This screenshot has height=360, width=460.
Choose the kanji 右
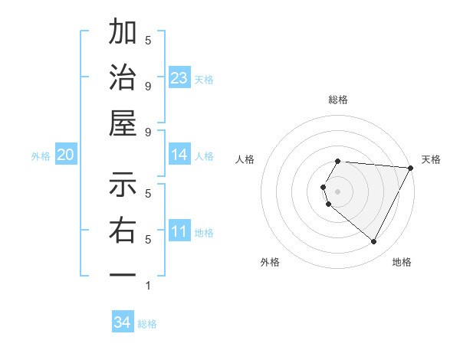pyautogui.click(x=123, y=230)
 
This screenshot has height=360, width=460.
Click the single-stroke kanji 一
pyautogui.click(x=123, y=273)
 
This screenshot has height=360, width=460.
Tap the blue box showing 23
pyautogui.click(x=179, y=77)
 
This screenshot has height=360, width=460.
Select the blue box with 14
pyautogui.click(x=179, y=155)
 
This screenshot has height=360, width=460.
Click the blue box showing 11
pyautogui.click(x=179, y=231)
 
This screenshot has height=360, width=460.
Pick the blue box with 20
pyautogui.click(x=66, y=155)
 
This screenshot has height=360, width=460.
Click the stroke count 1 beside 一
pyautogui.click(x=148, y=286)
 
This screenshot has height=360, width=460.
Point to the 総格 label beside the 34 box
pyautogui.click(x=147, y=323)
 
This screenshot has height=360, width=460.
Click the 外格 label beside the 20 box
pyautogui.click(x=41, y=155)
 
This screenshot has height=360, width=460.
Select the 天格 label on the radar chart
pyautogui.click(x=431, y=159)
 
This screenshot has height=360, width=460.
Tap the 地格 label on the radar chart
pyautogui.click(x=402, y=262)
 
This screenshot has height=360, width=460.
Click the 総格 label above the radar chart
pyautogui.click(x=337, y=100)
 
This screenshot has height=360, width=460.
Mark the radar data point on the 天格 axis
pyautogui.click(x=410, y=168)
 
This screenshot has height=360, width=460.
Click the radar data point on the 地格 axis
pyautogui.click(x=373, y=242)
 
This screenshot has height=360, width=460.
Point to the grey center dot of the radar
pyautogui.click(x=337, y=191)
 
